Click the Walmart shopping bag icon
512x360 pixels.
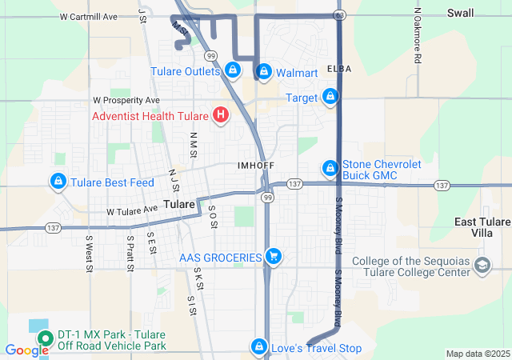click(264, 71)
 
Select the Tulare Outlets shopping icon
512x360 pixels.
click(232, 70)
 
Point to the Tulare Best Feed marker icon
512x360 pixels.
click(58, 182)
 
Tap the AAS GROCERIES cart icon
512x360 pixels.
click(274, 257)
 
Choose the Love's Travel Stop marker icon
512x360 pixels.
click(259, 347)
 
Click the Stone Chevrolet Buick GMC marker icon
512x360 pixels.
click(330, 168)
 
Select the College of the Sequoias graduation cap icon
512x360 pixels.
click(482, 266)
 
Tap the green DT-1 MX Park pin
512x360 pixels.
click(44, 338)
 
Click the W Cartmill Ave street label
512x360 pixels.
click(89, 16)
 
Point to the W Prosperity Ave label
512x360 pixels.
click(126, 101)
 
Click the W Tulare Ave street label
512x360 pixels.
click(132, 210)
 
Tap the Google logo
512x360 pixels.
click(26, 350)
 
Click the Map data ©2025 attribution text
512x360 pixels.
click(477, 354)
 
